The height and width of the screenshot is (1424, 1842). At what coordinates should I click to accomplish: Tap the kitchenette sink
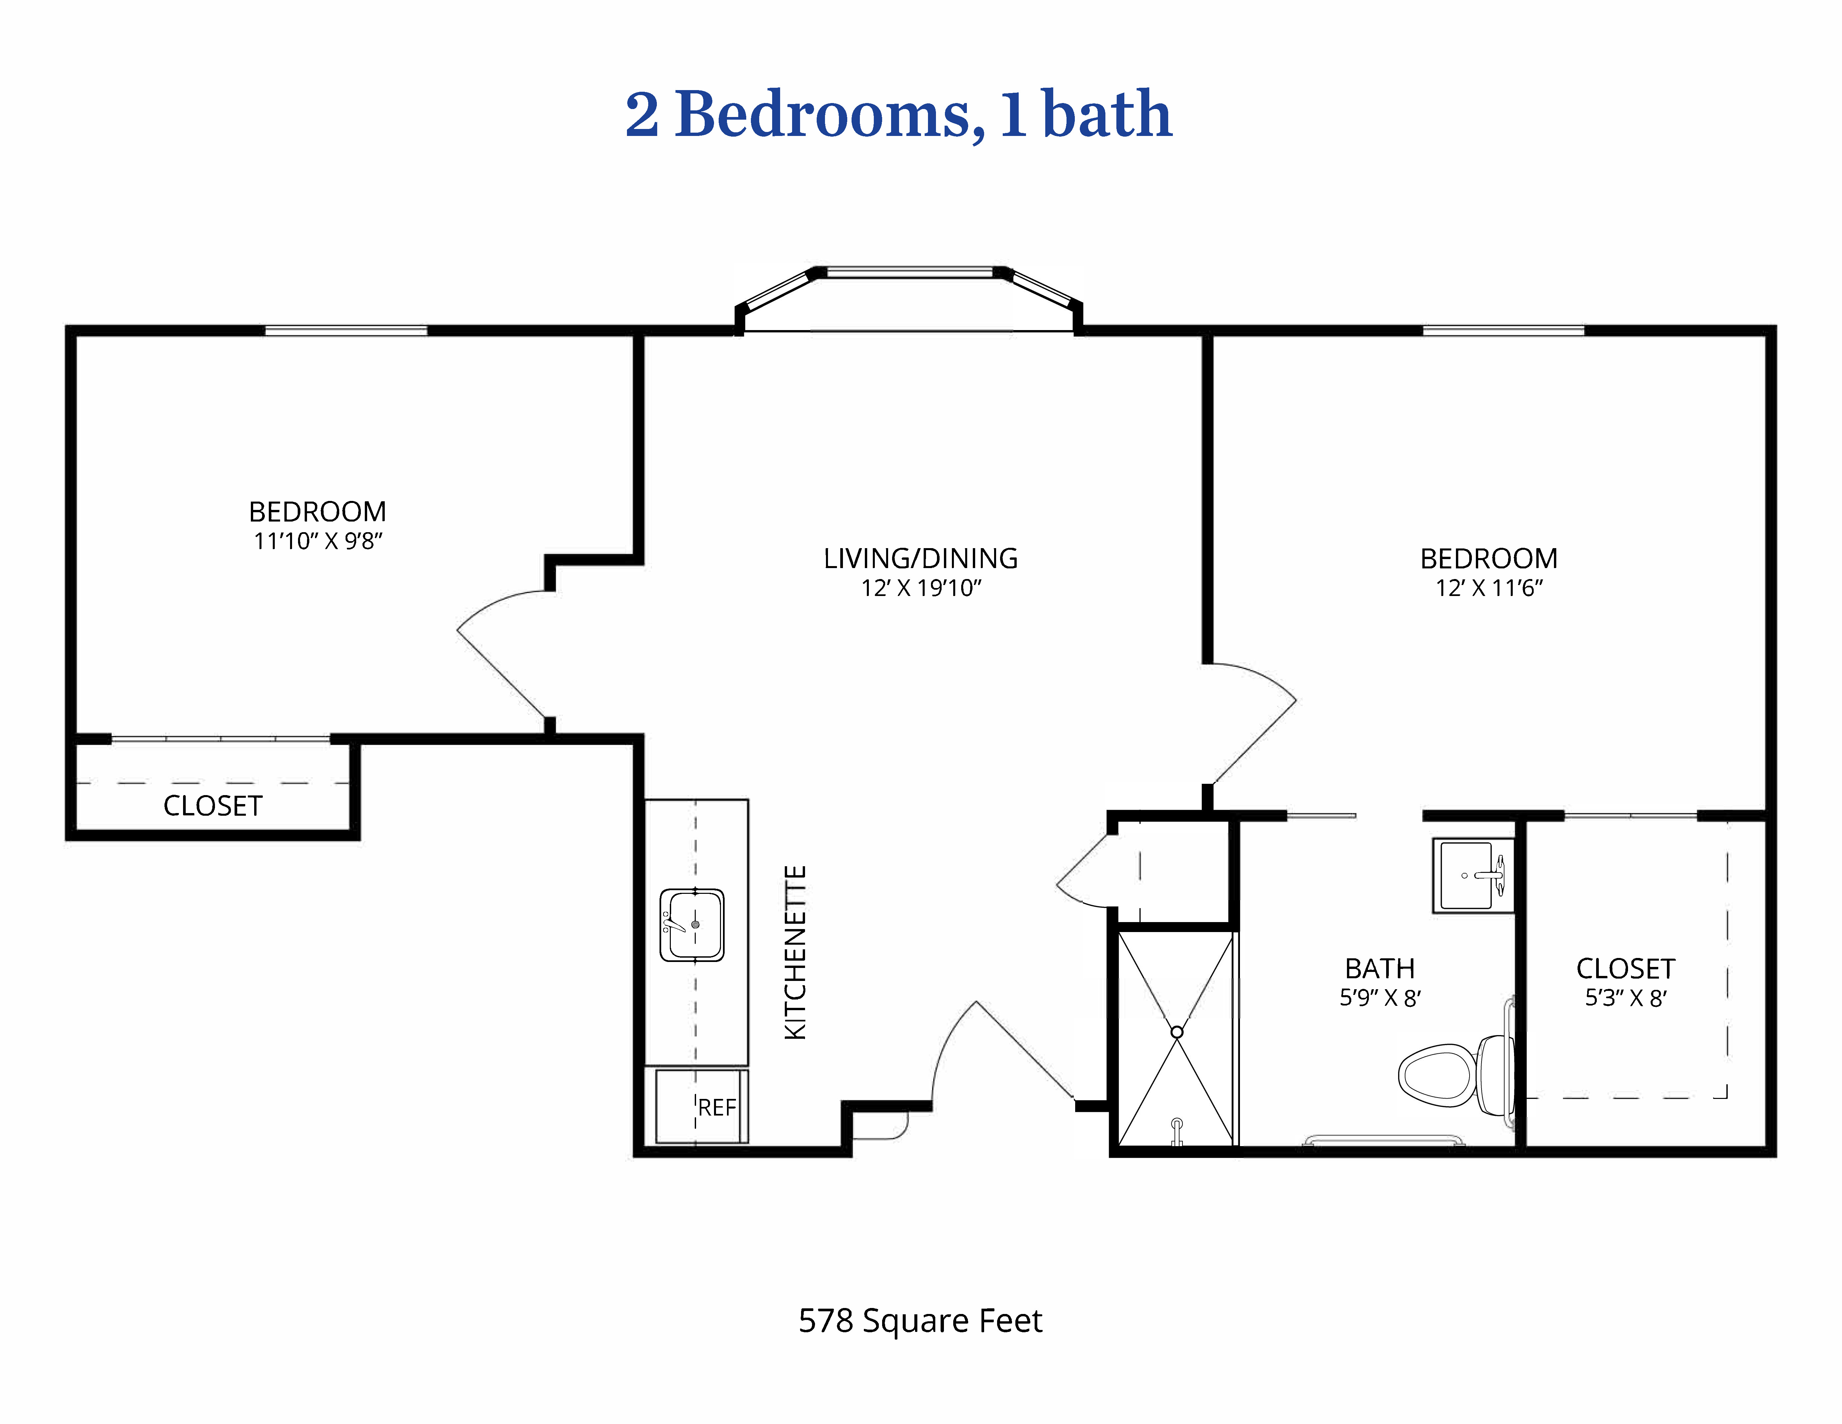click(692, 925)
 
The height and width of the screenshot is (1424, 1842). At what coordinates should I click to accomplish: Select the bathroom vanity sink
click(1473, 875)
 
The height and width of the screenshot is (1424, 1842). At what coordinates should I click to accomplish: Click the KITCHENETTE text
click(795, 952)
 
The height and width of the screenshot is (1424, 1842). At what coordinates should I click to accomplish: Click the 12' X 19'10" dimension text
click(921, 588)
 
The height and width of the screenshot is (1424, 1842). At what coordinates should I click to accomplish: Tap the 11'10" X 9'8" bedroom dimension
click(318, 541)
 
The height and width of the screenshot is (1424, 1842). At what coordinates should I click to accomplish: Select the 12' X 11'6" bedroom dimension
click(1489, 588)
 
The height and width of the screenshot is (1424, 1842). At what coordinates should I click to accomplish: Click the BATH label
click(1380, 969)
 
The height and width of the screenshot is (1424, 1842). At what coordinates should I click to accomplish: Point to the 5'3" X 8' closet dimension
click(1625, 998)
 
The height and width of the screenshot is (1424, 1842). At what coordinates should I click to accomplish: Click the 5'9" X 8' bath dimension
click(1380, 998)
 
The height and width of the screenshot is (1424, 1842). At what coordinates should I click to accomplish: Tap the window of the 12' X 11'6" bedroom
click(1503, 331)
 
